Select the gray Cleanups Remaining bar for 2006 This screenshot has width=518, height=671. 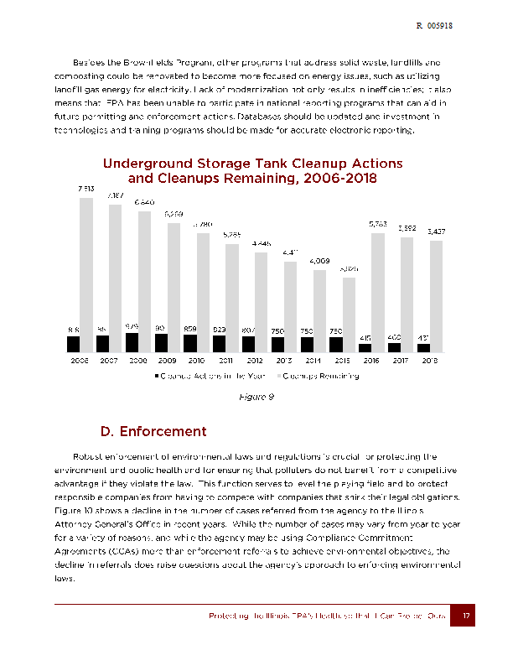coord(85,268)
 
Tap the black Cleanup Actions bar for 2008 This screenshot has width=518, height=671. coord(132,342)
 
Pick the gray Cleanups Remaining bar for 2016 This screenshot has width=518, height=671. coord(377,285)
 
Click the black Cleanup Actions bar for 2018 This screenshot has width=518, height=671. coord(423,347)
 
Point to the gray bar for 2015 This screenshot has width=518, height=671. coord(348,306)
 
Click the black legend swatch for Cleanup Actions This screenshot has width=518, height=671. coord(157,376)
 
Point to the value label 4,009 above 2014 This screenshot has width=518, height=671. coord(319,261)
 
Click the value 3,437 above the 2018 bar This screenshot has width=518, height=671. coord(437,231)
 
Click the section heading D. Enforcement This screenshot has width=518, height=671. coord(153,432)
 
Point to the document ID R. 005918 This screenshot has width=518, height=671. coord(435,26)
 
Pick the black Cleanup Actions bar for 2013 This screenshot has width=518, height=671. coord(277,344)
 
